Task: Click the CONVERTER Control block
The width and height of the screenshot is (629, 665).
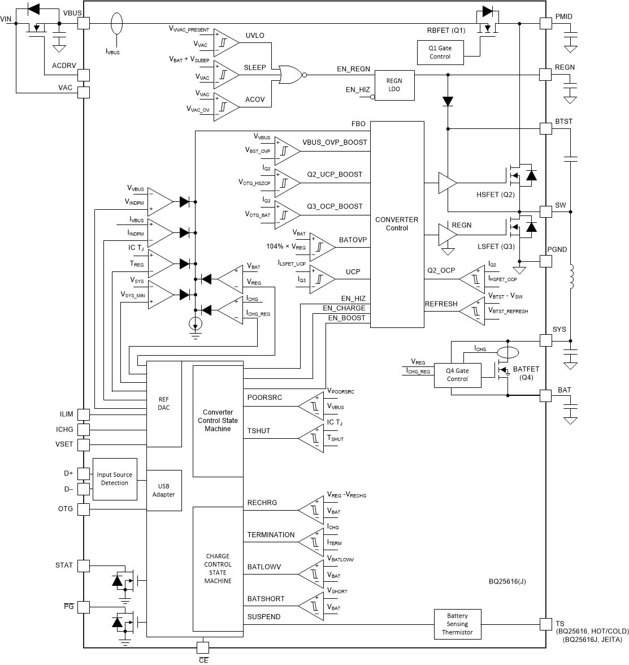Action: pos(397,224)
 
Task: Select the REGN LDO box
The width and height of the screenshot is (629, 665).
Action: pos(394,85)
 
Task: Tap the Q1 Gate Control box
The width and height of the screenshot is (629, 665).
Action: pos(440,52)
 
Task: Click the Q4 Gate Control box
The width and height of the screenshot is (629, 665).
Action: pos(457,375)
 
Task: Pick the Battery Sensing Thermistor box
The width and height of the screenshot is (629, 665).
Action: pos(457,624)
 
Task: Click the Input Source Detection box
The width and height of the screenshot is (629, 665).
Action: pos(115,479)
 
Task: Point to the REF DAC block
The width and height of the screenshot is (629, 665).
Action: pos(164,403)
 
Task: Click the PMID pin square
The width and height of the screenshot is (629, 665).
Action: pos(545,23)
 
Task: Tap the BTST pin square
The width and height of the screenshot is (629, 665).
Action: pos(545,128)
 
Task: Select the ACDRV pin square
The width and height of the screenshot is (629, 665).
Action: pos(83,75)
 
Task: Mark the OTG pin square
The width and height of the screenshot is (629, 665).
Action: pos(83,509)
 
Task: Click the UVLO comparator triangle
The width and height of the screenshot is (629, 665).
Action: pos(225,42)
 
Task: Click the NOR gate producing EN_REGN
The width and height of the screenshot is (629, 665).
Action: pos(289,74)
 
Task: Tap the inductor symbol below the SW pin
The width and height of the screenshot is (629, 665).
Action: pos(570,277)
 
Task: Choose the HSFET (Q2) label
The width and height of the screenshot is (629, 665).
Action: pos(496,195)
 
